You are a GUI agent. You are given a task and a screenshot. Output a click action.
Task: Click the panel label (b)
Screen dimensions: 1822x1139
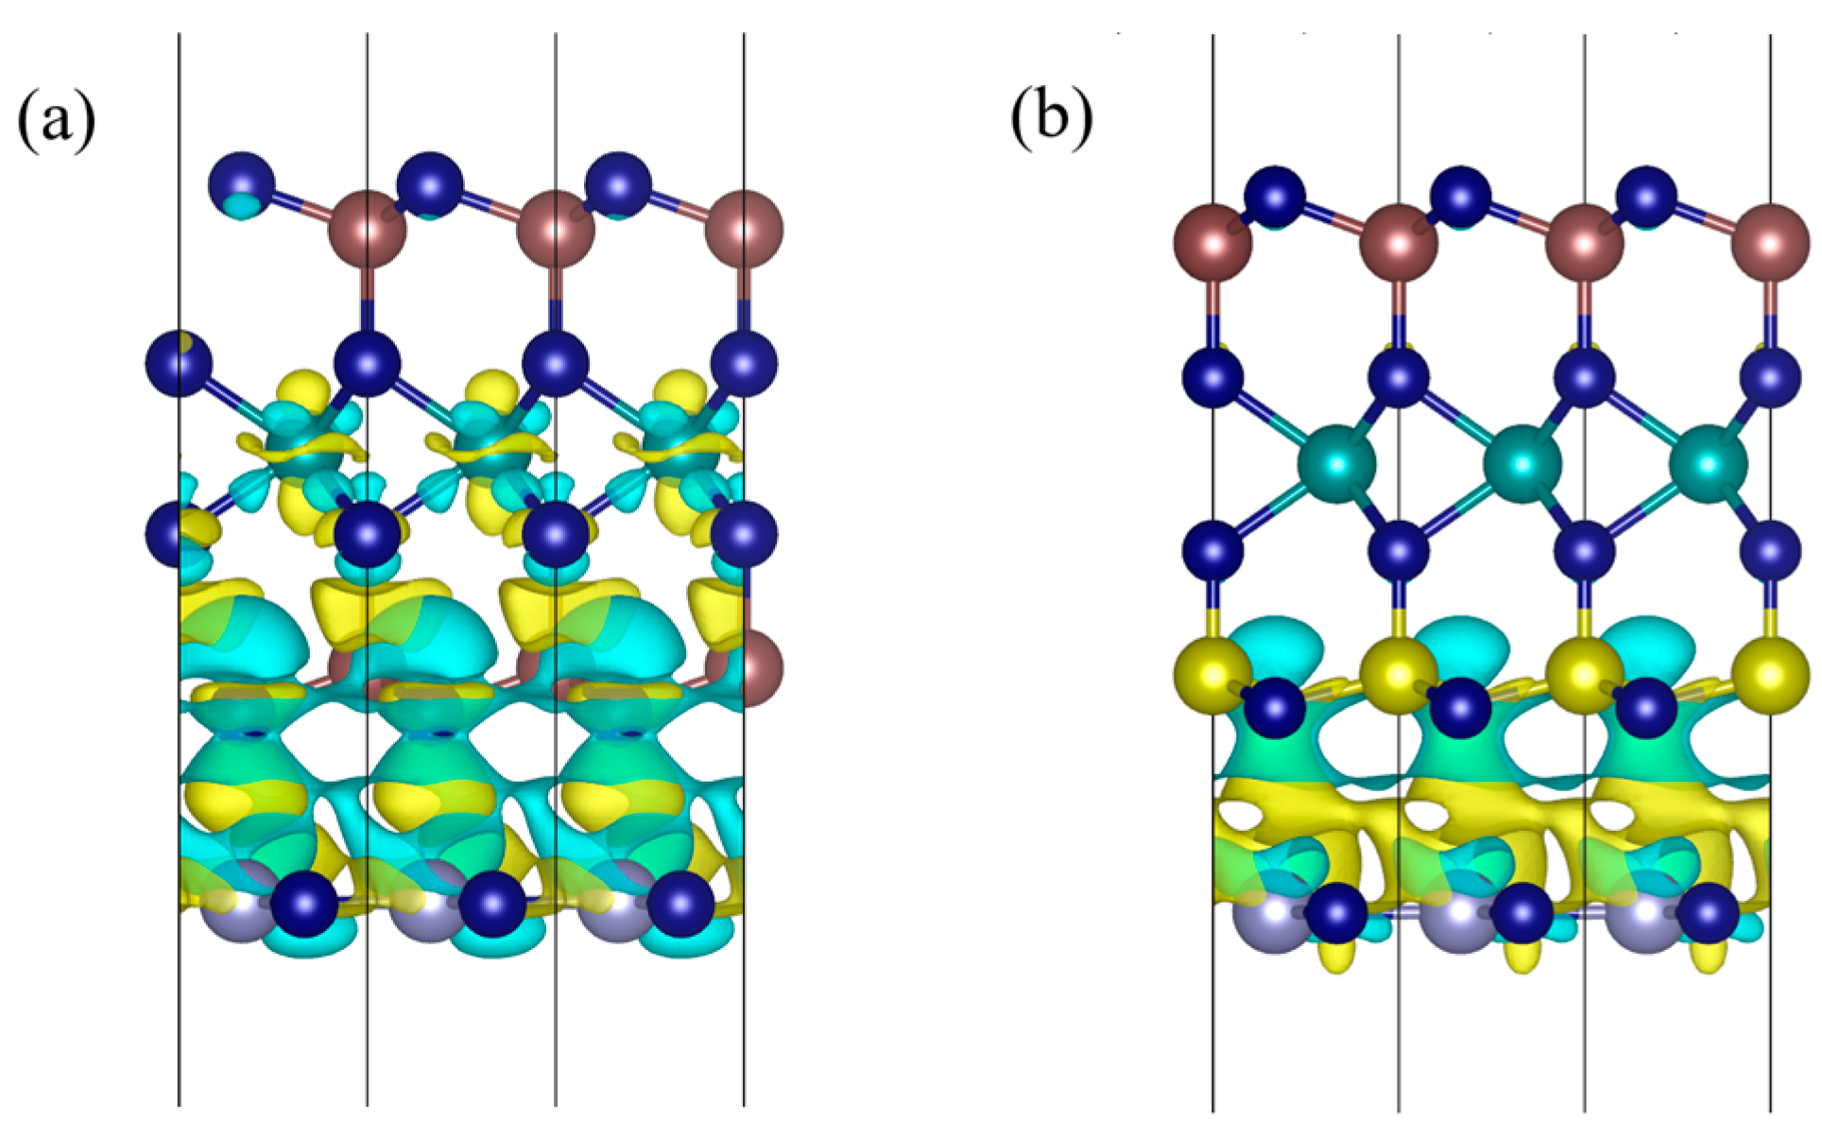pyautogui.click(x=1052, y=121)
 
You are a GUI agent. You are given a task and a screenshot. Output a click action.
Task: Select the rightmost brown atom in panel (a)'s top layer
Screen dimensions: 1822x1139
pyautogui.click(x=744, y=230)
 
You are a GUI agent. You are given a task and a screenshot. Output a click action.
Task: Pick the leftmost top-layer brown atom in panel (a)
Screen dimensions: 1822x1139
pyautogui.click(x=368, y=230)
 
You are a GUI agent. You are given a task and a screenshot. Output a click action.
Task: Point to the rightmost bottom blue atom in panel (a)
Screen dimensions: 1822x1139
pyautogui.click(x=680, y=905)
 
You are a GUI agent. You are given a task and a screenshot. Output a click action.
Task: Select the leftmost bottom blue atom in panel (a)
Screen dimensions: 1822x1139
pyautogui.click(x=304, y=905)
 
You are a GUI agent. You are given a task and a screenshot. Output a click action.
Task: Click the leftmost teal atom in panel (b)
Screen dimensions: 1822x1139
pyautogui.click(x=1336, y=464)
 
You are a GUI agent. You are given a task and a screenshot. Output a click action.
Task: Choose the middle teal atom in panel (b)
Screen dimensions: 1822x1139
pyautogui.click(x=1521, y=464)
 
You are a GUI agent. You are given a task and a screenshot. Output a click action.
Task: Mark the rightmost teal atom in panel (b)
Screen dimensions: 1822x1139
pyautogui.click(x=1708, y=464)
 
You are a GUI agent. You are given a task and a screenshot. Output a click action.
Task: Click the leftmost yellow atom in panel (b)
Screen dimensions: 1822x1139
pyautogui.click(x=1212, y=675)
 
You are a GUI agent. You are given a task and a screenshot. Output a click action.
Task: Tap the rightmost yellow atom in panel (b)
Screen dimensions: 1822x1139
pyautogui.click(x=1770, y=675)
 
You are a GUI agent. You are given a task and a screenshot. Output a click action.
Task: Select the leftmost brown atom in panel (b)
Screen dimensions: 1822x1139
pyautogui.click(x=1212, y=242)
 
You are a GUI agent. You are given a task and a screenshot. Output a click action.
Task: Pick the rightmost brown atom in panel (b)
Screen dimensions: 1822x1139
pyautogui.click(x=1770, y=242)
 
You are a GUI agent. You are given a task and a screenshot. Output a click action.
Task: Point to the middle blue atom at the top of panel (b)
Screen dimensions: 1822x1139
pyautogui.click(x=1461, y=197)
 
